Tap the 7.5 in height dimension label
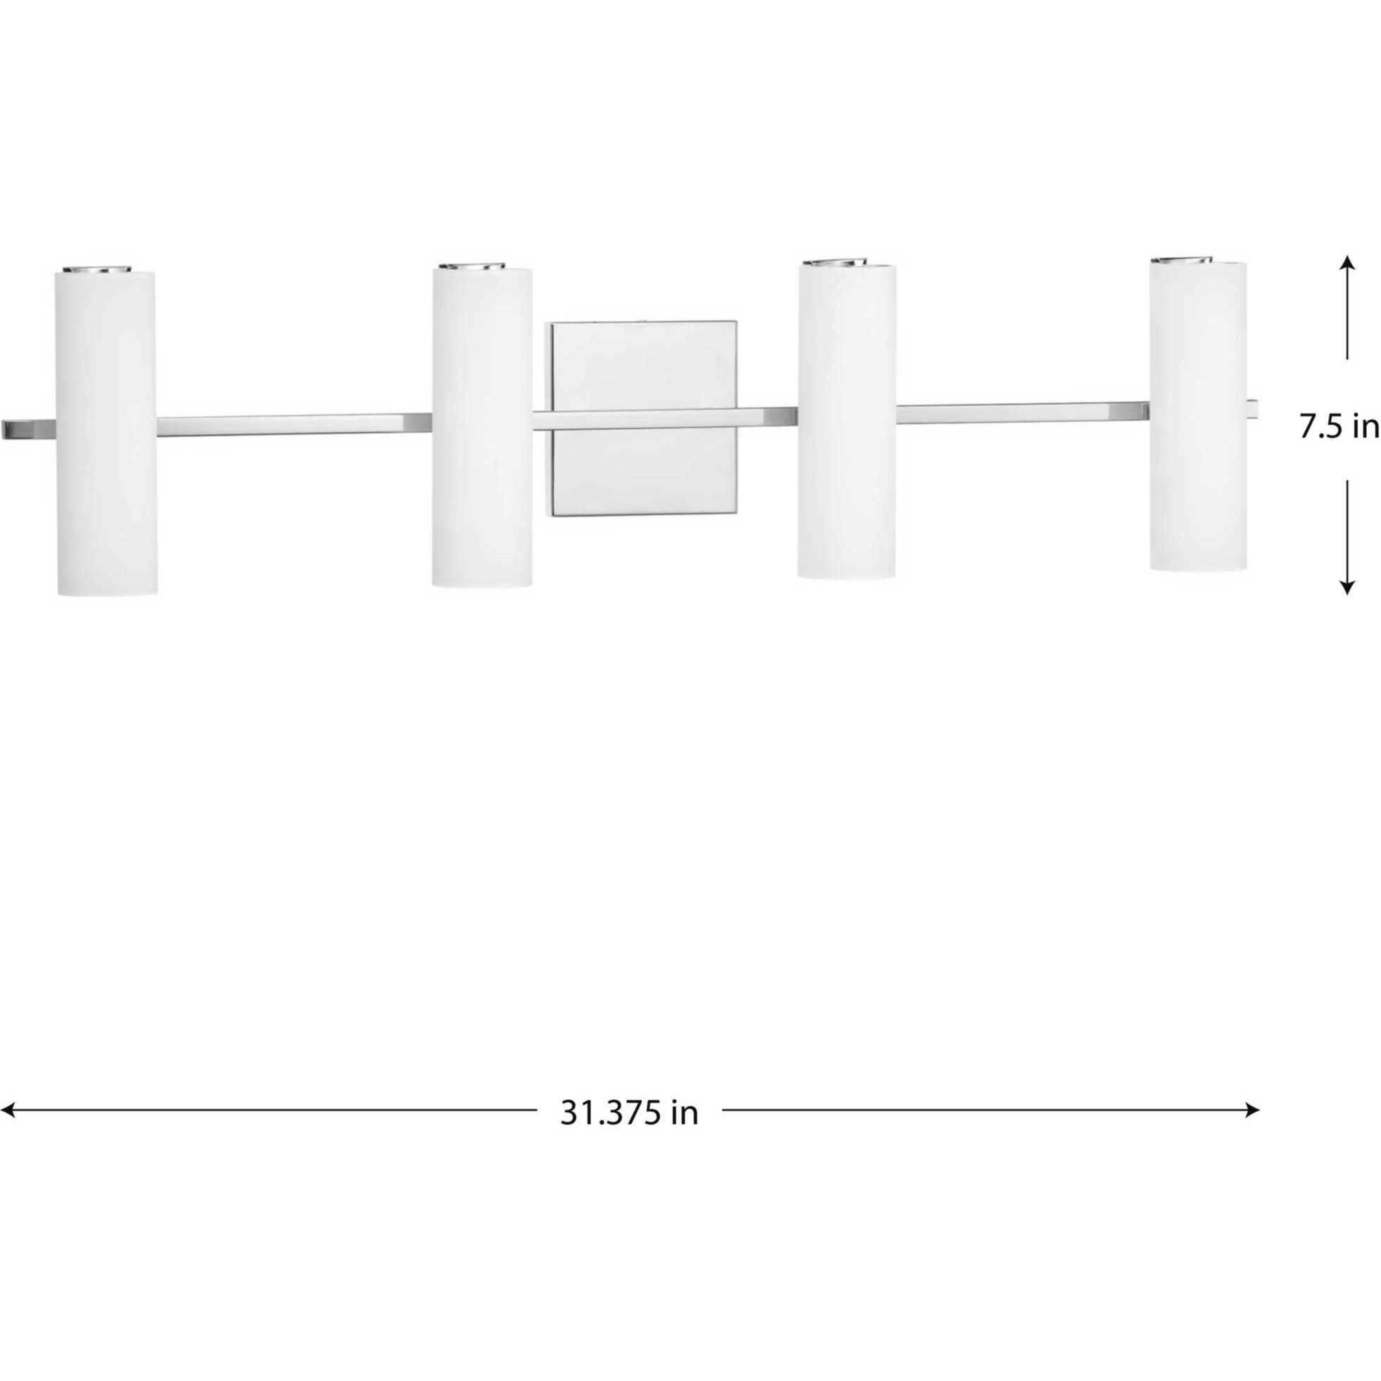click(x=1338, y=428)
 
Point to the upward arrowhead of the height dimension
click(x=1347, y=263)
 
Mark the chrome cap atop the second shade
click(x=473, y=266)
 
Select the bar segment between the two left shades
click(x=293, y=425)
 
